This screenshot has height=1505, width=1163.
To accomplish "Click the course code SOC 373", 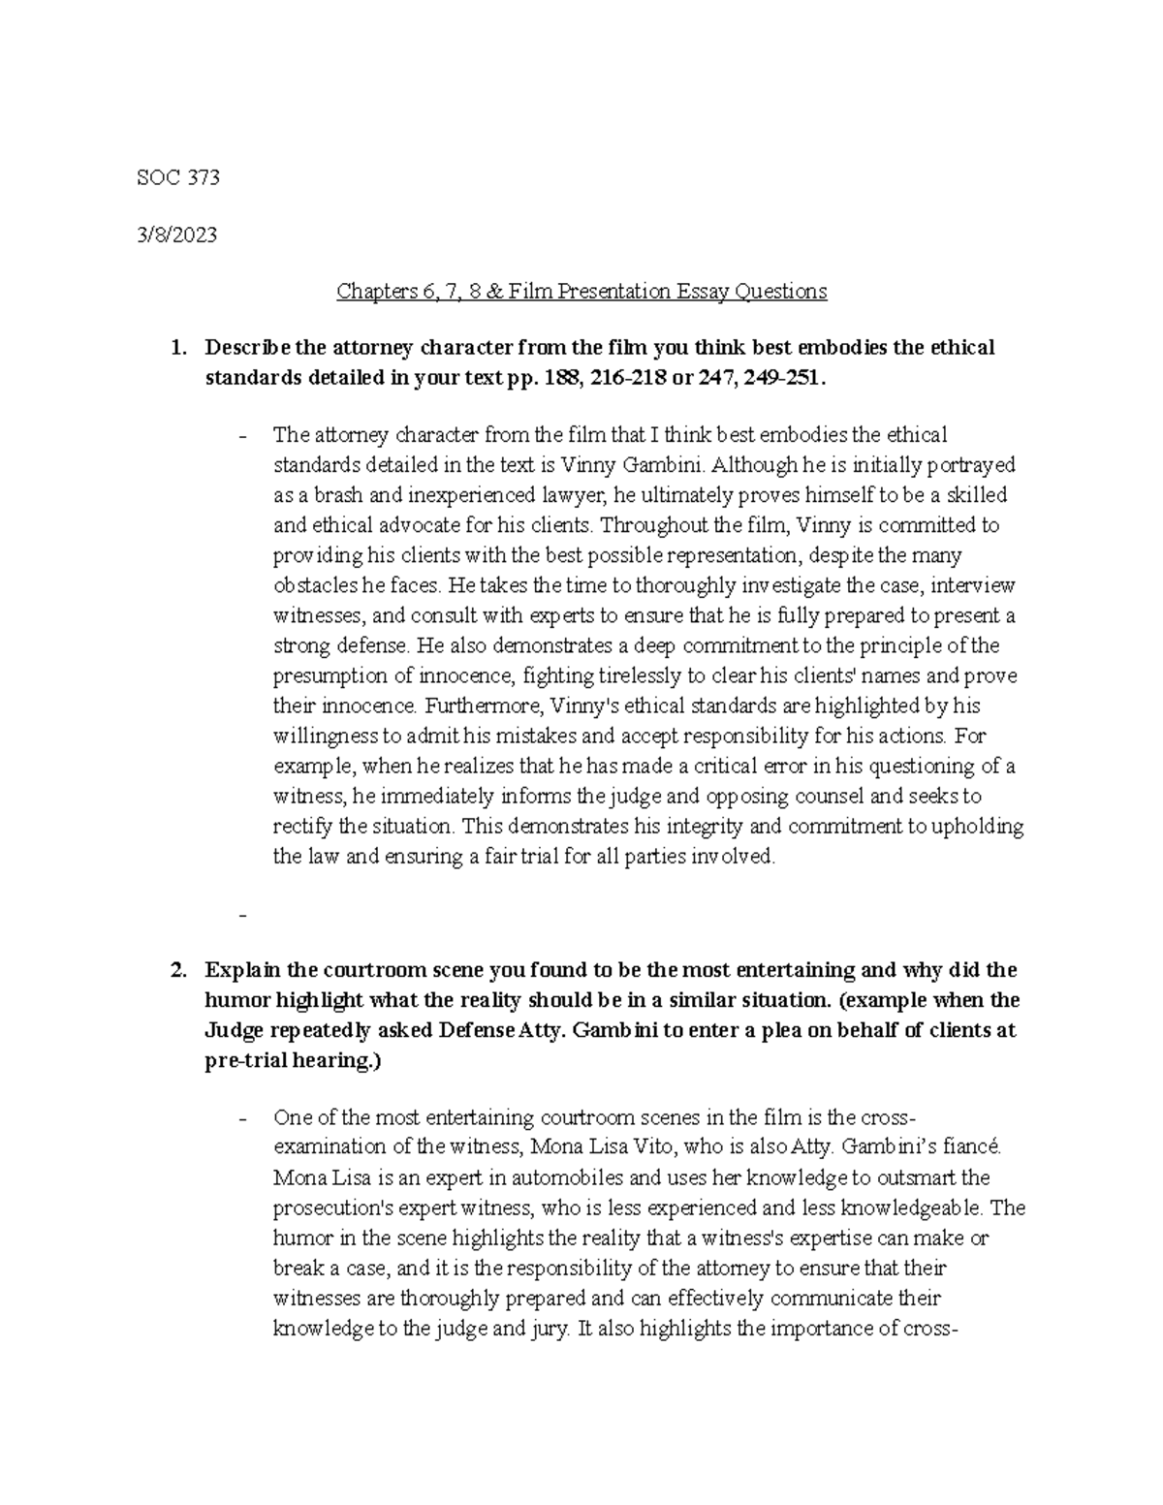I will click(x=179, y=177).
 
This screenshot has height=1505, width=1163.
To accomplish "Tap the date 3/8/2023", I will click(x=179, y=235).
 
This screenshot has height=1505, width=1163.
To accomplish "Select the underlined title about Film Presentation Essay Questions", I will click(x=581, y=291).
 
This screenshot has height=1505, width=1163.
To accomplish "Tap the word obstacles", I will click(x=312, y=585).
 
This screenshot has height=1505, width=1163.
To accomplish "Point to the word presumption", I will click(x=323, y=675).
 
